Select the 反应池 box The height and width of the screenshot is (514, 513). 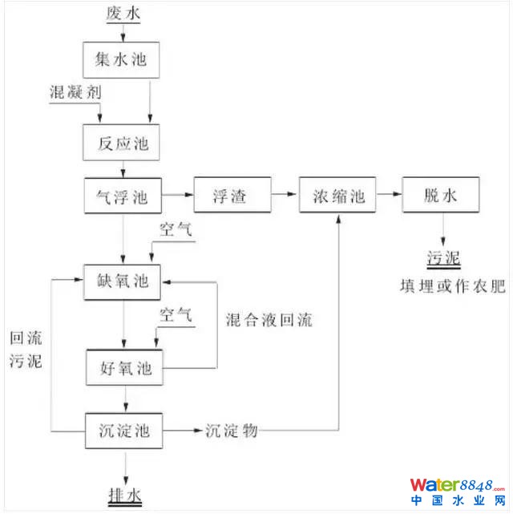coord(124,144)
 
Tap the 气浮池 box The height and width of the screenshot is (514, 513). coord(124,195)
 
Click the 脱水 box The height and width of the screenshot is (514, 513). coord(441,195)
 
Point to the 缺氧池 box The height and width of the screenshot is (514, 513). coord(124,281)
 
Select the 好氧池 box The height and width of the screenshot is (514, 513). coord(124,370)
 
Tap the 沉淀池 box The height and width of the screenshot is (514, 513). coord(124,431)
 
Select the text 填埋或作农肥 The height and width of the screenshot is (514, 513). coord(453,286)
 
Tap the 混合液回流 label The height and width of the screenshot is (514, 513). coord(269,321)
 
